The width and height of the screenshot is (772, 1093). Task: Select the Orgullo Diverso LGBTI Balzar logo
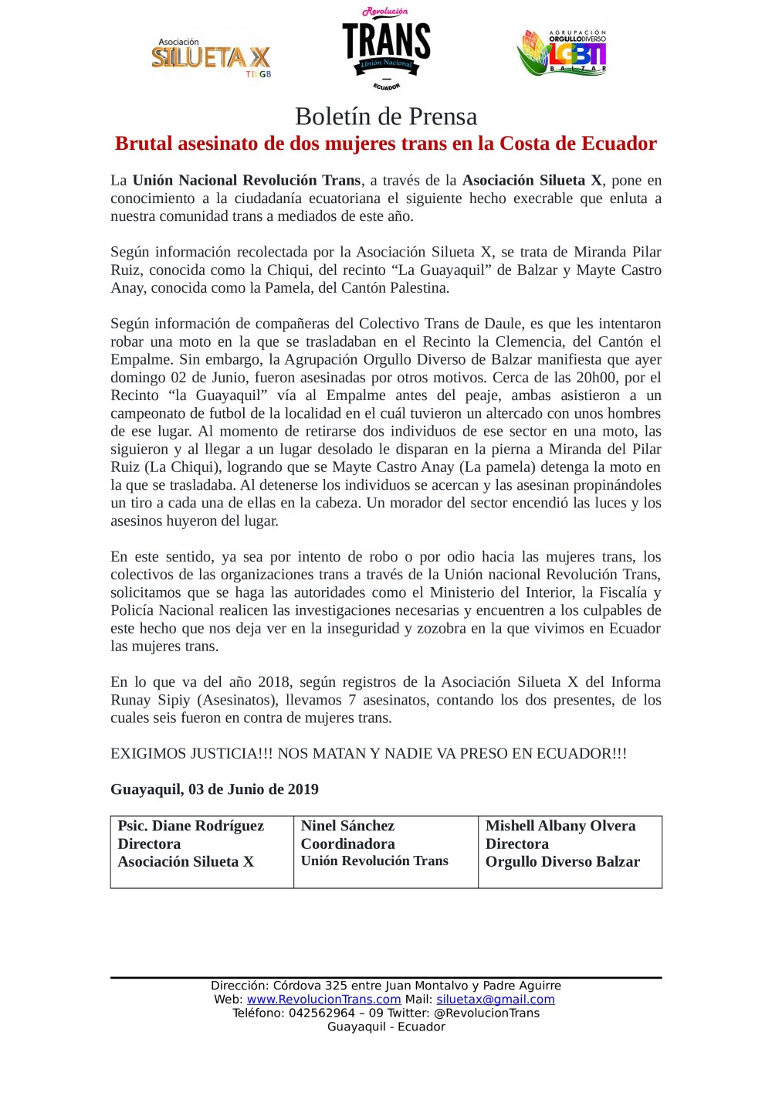click(562, 53)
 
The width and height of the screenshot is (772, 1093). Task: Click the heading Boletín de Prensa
click(386, 117)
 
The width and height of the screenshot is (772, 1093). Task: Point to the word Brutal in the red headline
click(144, 144)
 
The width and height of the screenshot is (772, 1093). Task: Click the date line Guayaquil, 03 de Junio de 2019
click(215, 789)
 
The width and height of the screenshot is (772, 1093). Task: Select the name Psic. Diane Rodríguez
click(191, 826)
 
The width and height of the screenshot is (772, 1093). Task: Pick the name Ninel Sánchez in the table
click(347, 826)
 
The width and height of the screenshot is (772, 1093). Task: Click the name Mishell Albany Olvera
click(560, 826)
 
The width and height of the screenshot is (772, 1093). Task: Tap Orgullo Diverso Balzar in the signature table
click(563, 862)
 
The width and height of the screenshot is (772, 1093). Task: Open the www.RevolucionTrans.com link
click(323, 1000)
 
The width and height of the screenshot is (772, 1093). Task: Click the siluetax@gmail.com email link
click(496, 1000)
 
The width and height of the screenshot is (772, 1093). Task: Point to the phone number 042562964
click(322, 1013)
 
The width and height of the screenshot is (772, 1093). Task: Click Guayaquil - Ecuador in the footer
click(386, 1027)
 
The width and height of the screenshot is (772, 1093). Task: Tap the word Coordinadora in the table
click(347, 844)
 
